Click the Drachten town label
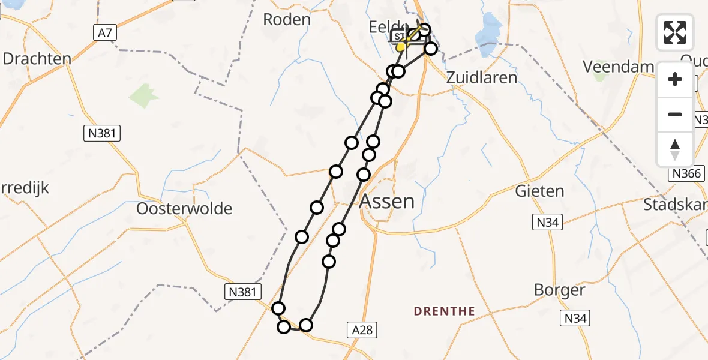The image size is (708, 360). click(x=37, y=59)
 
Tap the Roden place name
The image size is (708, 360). click(x=287, y=19)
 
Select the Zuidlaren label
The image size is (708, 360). click(x=482, y=77)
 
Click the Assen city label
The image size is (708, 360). click(x=388, y=201)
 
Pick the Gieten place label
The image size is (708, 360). click(x=539, y=191)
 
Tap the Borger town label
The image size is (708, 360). click(x=560, y=290)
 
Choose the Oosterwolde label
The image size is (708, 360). click(x=184, y=209)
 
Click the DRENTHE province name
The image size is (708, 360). click(x=445, y=311)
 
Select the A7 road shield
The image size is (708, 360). click(x=104, y=34)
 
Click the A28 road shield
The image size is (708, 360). click(x=362, y=329)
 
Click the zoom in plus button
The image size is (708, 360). click(x=675, y=80)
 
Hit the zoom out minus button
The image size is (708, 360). click(x=675, y=114)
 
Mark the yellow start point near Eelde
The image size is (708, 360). click(x=401, y=46)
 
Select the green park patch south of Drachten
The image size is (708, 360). click(x=142, y=95)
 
